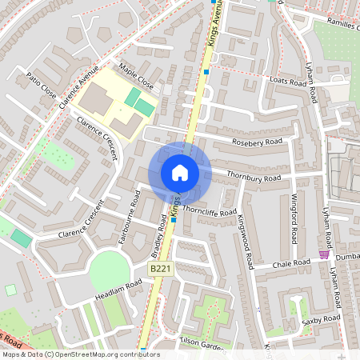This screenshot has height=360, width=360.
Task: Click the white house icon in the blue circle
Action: pyautogui.click(x=180, y=173)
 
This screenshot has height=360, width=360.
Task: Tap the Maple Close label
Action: pyautogui.click(x=135, y=77)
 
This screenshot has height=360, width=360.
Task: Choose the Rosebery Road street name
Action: pyautogui.click(x=257, y=142)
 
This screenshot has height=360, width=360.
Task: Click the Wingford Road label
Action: pyautogui.click(x=294, y=212)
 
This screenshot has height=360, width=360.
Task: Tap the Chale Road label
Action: pyautogui.click(x=290, y=263)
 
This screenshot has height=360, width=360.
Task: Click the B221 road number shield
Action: pyautogui.click(x=161, y=269)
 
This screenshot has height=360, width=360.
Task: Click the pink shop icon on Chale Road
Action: pyautogui.click(x=324, y=254)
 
